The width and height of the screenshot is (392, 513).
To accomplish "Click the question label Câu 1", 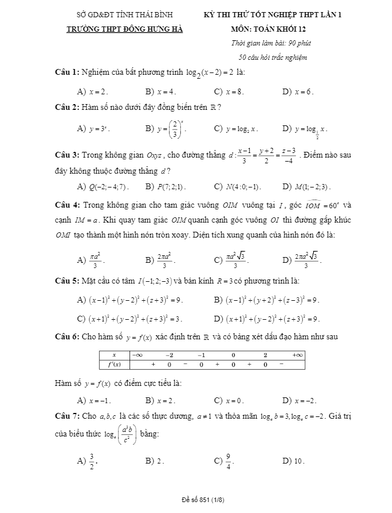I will (x=66, y=72).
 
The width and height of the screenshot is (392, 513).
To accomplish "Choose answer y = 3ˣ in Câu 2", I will (x=98, y=129).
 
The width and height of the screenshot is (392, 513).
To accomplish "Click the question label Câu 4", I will (x=66, y=205).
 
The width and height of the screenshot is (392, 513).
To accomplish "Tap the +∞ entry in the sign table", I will (x=297, y=355).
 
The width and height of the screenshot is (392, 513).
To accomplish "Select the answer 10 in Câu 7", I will (x=299, y=460).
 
